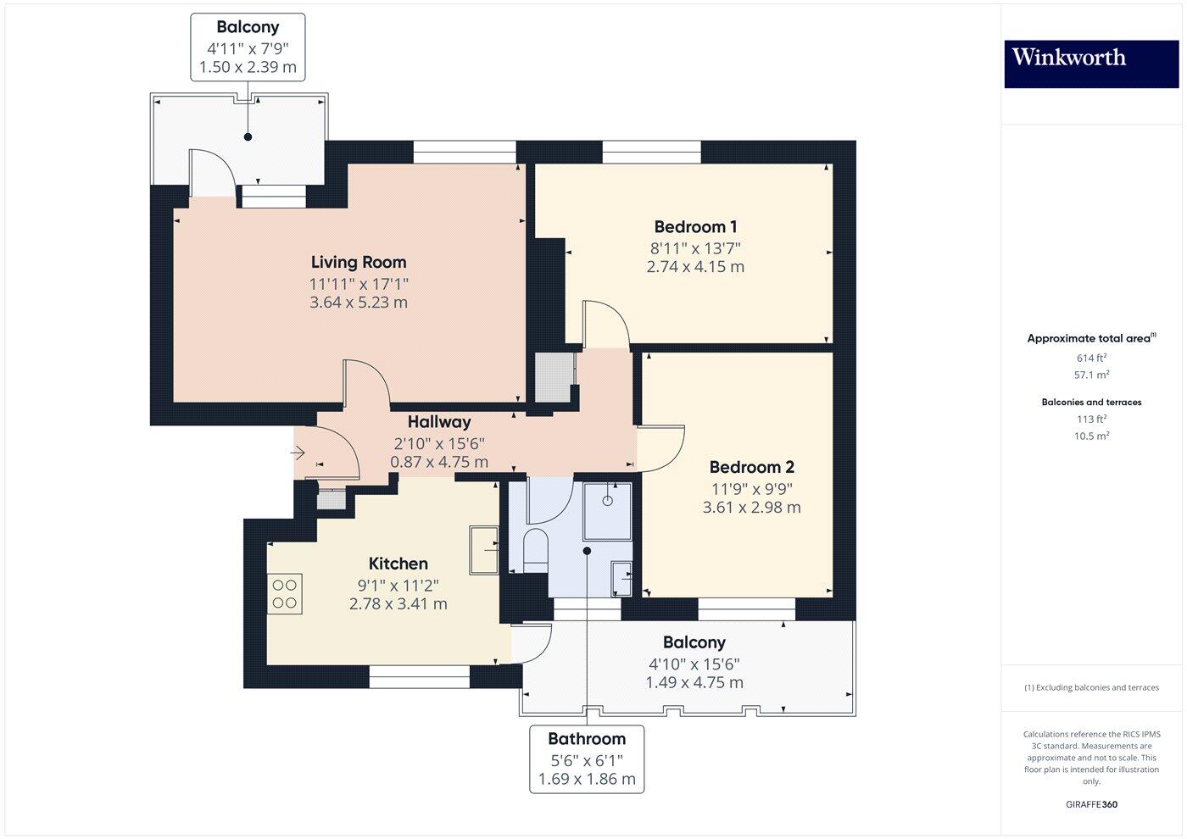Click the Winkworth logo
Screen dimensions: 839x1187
(1091, 64)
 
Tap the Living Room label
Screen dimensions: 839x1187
(358, 263)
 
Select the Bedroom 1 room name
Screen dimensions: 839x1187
(695, 227)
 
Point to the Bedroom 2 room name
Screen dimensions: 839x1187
(751, 467)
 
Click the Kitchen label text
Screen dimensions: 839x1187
(398, 564)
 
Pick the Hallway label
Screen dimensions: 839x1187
(438, 422)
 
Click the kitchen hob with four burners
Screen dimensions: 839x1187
(284, 593)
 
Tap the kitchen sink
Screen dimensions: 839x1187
(485, 549)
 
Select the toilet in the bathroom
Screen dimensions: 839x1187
(535, 548)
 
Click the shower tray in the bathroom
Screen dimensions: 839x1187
(607, 511)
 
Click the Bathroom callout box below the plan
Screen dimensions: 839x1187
(587, 758)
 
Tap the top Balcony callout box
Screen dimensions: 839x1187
(248, 47)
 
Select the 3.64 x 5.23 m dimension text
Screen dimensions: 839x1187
(358, 303)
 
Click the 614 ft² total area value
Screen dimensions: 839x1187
(1091, 358)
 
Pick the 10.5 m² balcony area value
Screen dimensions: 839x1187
(1091, 436)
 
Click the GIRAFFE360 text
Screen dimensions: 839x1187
(1091, 804)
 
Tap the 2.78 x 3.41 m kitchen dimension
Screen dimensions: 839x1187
(398, 604)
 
